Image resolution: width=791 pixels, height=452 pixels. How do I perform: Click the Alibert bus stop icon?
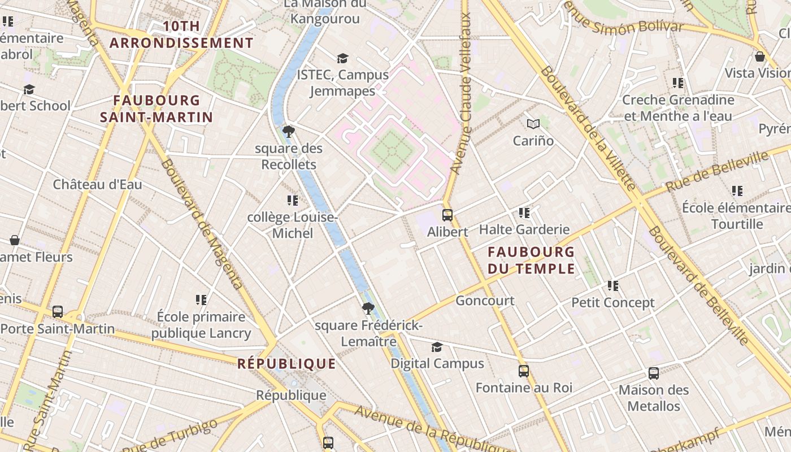tap(447, 215)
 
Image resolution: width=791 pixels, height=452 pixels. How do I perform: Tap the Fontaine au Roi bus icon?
tap(524, 371)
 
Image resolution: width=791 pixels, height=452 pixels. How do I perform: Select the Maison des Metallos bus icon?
tap(654, 373)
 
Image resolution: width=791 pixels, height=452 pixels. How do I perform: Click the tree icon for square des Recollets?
tap(289, 132)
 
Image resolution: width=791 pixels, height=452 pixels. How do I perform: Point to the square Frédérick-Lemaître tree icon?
tap(368, 308)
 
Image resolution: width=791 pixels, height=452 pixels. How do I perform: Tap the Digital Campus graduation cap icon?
tap(437, 347)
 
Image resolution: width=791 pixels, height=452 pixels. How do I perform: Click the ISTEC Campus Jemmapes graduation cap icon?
tap(342, 58)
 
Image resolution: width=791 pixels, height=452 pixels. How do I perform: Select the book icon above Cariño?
tap(533, 124)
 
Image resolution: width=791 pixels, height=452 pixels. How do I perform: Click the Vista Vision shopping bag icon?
tap(760, 56)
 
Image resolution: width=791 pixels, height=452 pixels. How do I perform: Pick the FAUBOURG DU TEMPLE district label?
tap(531, 260)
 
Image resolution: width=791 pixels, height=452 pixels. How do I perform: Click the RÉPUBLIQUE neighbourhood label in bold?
tap(286, 363)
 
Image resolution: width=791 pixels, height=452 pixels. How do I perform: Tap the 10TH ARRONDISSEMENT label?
tap(181, 34)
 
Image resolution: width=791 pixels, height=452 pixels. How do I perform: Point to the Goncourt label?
tap(485, 300)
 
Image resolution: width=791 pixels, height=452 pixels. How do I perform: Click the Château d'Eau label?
tap(98, 184)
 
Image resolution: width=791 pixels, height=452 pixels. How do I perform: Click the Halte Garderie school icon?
tap(524, 213)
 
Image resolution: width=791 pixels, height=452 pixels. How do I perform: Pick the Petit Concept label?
tap(613, 302)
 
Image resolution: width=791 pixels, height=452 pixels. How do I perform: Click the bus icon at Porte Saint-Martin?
tap(58, 311)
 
